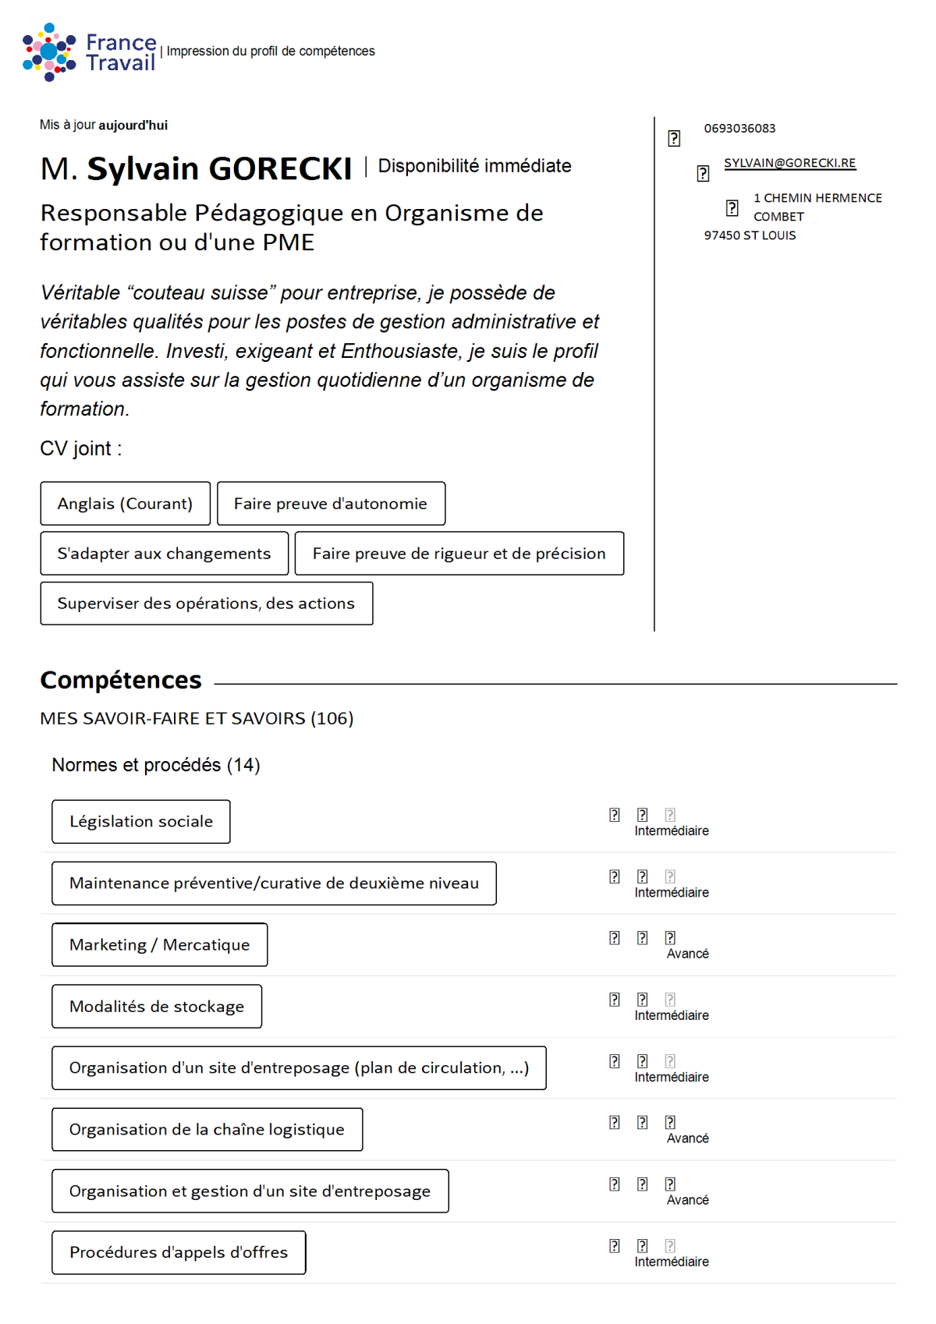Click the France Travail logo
coord(89,51)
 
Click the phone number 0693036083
coord(739,129)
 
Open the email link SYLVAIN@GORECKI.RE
coord(789,163)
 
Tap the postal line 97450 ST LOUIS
coord(750,235)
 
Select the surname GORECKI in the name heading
coord(280,169)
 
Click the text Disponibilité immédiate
coord(474,166)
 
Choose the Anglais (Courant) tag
coord(125,504)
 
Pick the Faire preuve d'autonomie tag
coord(331,504)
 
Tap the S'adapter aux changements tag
coord(164,554)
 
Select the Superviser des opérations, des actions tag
coord(206,604)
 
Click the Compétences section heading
coord(121,680)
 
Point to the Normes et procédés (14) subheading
coord(156,765)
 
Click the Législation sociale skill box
coord(141,822)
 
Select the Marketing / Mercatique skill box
coord(159,945)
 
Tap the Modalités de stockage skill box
coord(157,1007)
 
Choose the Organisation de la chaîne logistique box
coord(207,1130)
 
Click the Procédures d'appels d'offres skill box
coord(179,1253)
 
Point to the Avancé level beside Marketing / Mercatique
coord(687,954)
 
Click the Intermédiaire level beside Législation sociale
coord(672,831)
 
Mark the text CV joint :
coord(81,448)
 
